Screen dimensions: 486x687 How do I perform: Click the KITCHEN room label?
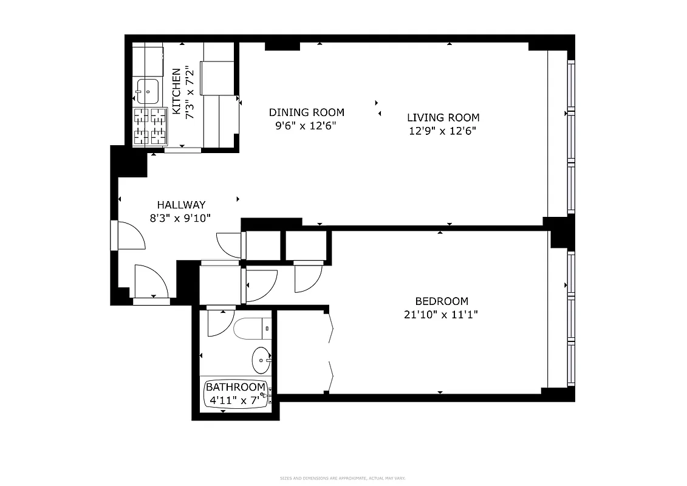click(176, 92)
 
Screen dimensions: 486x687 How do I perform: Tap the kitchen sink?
click(147, 91)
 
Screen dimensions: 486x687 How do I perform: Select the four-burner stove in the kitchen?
click(150, 126)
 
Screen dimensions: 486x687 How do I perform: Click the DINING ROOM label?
click(306, 112)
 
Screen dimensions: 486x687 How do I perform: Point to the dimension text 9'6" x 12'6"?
click(306, 126)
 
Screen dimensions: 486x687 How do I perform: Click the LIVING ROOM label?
click(443, 118)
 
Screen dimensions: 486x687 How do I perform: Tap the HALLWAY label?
click(181, 205)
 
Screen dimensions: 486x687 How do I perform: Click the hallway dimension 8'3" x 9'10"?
click(181, 219)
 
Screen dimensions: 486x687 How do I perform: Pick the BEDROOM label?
click(442, 301)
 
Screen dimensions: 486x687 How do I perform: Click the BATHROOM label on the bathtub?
click(235, 387)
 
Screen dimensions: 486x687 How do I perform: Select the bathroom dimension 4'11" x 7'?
click(234, 400)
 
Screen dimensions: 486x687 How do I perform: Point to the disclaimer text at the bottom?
click(343, 478)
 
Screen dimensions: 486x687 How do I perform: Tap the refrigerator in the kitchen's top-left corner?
click(148, 59)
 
